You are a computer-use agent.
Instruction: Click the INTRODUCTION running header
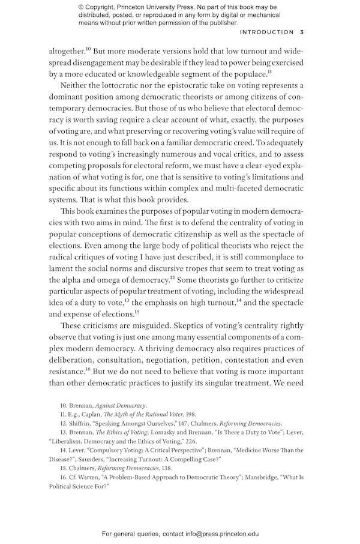coord(267,32)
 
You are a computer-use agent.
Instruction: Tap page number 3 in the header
coord(302,32)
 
